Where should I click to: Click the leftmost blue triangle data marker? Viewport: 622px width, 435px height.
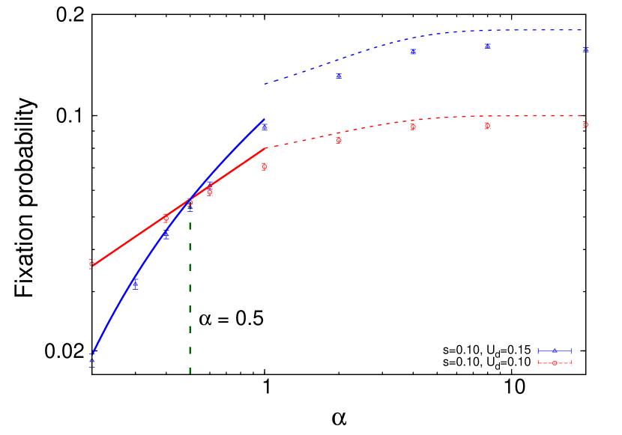[x=92, y=362]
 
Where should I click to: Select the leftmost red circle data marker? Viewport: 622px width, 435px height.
[x=92, y=264]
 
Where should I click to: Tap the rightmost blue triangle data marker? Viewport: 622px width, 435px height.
[x=585, y=50]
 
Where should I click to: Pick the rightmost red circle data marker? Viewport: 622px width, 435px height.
[x=585, y=125]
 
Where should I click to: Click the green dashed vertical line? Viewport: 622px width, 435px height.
[x=190, y=299]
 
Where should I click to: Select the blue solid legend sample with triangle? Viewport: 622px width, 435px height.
[x=555, y=350]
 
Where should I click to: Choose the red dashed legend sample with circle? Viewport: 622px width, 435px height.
[x=555, y=363]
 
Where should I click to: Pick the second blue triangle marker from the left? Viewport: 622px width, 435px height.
[x=135, y=284]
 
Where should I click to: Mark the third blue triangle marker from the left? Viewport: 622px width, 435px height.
[x=166, y=236]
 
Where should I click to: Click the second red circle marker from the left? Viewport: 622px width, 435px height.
[x=166, y=219]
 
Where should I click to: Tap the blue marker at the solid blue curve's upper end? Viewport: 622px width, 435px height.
[x=265, y=128]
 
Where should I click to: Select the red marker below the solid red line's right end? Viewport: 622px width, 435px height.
[x=265, y=166]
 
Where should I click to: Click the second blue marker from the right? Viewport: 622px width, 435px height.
[x=487, y=46]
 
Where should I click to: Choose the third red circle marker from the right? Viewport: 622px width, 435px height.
[x=413, y=127]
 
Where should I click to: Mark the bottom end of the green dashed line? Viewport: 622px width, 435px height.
[x=190, y=372]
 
